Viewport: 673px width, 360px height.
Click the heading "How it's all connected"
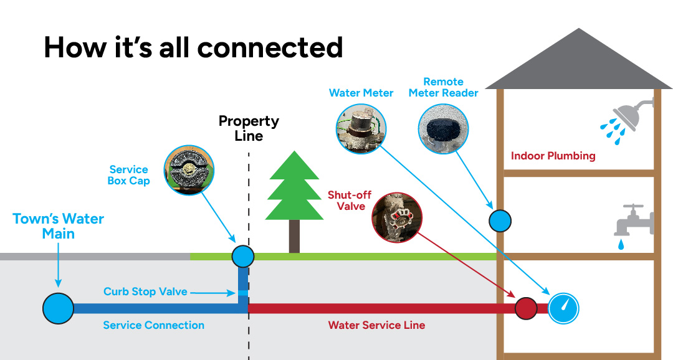pyautogui.click(x=193, y=47)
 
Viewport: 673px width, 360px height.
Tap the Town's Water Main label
pyautogui.click(x=59, y=226)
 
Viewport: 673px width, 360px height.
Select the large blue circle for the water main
pyautogui.click(x=58, y=308)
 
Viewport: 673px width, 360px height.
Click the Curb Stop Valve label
pyautogui.click(x=145, y=291)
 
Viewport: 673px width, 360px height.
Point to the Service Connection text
pyautogui.click(x=153, y=325)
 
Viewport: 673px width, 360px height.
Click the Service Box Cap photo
pyautogui.click(x=189, y=170)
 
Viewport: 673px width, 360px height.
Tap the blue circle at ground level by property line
pyautogui.click(x=242, y=255)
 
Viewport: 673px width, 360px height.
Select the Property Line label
pyautogui.click(x=249, y=128)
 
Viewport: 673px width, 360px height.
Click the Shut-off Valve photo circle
pyautogui.click(x=397, y=217)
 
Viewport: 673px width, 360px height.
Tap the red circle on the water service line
pyautogui.click(x=526, y=308)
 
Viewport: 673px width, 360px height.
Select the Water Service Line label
pyautogui.click(x=376, y=325)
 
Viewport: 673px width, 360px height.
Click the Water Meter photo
pyautogui.click(x=360, y=129)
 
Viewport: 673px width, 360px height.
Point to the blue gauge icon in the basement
pyautogui.click(x=563, y=308)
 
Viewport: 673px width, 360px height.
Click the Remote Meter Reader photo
pyautogui.click(x=443, y=129)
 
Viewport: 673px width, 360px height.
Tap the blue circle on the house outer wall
pyautogui.click(x=500, y=220)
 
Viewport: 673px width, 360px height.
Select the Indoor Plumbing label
pyautogui.click(x=553, y=156)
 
